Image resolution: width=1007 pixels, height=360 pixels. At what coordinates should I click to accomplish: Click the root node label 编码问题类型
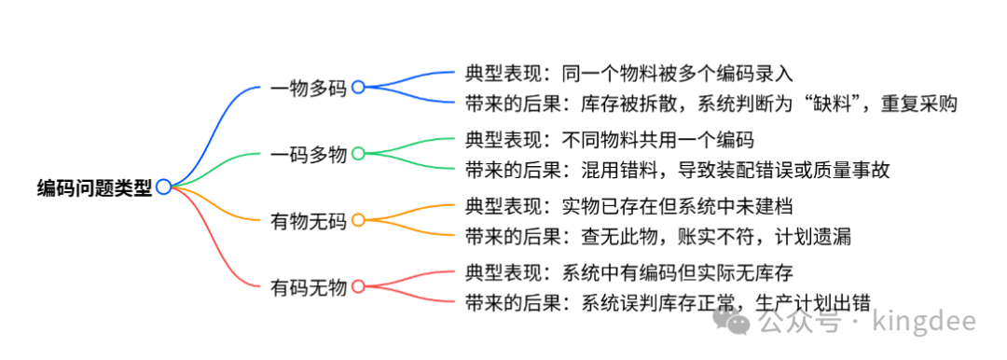pyautogui.click(x=94, y=187)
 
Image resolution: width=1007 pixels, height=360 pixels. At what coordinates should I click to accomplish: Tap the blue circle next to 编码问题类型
pyautogui.click(x=163, y=187)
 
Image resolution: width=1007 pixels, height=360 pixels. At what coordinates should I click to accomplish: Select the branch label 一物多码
pyautogui.click(x=308, y=88)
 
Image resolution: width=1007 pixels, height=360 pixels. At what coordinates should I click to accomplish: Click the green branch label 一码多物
pyautogui.click(x=308, y=154)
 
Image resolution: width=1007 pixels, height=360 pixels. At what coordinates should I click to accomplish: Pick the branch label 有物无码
pyautogui.click(x=308, y=220)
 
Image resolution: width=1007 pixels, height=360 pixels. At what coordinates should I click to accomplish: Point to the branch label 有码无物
pyautogui.click(x=308, y=286)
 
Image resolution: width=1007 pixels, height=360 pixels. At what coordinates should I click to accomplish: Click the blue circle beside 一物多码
pyautogui.click(x=358, y=87)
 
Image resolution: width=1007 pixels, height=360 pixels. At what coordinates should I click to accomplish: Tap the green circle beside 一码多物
pyautogui.click(x=358, y=153)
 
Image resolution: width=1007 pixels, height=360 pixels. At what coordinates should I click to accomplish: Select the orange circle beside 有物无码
pyautogui.click(x=358, y=220)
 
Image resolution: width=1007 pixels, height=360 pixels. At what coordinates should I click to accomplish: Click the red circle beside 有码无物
pyautogui.click(x=358, y=286)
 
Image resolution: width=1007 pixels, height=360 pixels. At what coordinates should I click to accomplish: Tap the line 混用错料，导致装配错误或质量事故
pyautogui.click(x=724, y=170)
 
